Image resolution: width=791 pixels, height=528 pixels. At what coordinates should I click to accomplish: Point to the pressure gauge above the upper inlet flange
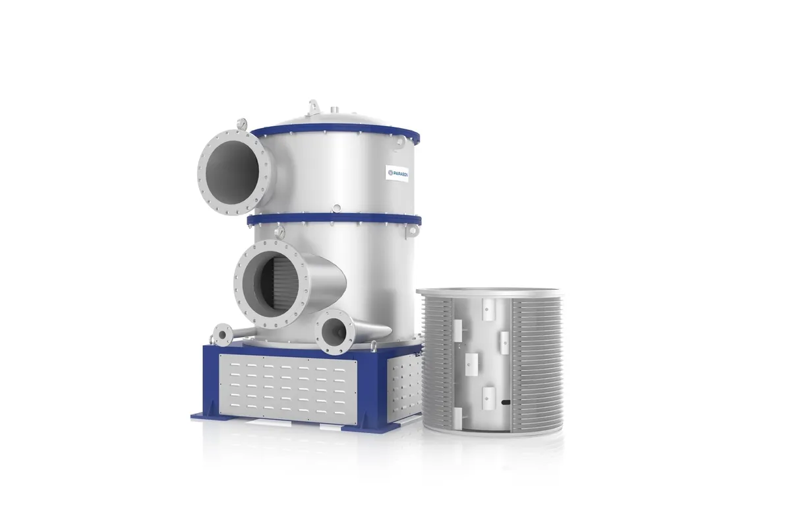click(x=244, y=123)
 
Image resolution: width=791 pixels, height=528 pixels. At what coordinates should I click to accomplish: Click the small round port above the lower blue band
click(x=336, y=209)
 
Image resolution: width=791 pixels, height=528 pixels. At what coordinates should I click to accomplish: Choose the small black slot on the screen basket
click(x=504, y=401)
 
